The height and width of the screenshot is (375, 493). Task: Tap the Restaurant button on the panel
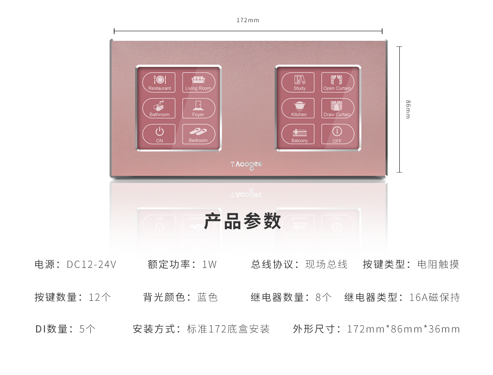[x=159, y=82]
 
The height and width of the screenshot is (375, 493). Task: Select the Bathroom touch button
[x=159, y=108]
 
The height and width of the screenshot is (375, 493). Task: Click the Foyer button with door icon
[x=198, y=108]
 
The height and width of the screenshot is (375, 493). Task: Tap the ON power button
[x=159, y=134]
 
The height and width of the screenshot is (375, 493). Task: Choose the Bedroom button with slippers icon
[x=198, y=134]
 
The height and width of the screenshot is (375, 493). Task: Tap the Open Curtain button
[x=338, y=82]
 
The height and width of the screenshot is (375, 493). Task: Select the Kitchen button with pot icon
[x=298, y=108]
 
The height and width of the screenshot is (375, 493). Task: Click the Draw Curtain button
[x=338, y=108]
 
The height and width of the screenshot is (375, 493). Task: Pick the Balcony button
[x=298, y=134]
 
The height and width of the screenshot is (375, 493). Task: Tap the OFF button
[x=338, y=134]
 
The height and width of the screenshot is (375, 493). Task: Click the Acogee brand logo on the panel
[x=246, y=165]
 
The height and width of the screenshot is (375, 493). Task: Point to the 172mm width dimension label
[x=248, y=20]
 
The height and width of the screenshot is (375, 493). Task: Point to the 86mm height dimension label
[x=408, y=109]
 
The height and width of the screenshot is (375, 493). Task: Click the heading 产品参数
[x=242, y=221]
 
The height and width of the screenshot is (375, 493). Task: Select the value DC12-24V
[x=92, y=264]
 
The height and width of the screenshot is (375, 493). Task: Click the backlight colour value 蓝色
[x=207, y=297]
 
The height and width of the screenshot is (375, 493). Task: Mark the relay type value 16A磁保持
[x=434, y=297]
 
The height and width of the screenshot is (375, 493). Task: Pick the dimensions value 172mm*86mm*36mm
[x=403, y=329]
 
